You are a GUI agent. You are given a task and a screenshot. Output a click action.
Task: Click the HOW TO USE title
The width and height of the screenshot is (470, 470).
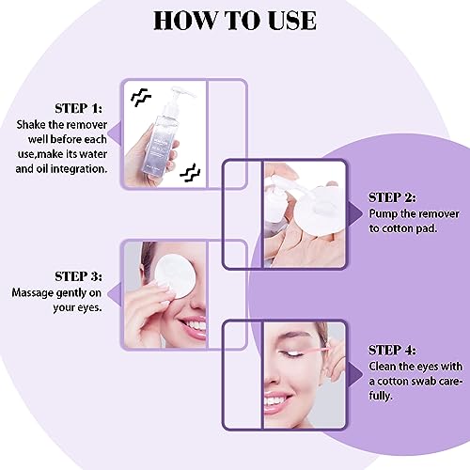[234, 20]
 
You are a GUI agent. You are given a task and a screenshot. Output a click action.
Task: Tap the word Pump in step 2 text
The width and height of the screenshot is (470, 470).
[386, 214]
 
